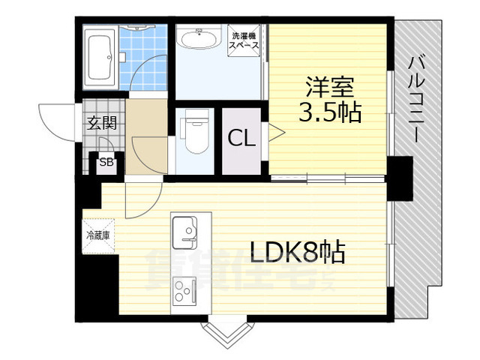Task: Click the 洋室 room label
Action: click(329, 87)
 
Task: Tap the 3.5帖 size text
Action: click(329, 113)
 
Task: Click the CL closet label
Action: click(241, 139)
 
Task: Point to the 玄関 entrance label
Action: click(100, 124)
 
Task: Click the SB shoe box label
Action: click(106, 162)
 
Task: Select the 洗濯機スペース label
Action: click(245, 40)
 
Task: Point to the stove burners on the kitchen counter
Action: click(184, 289)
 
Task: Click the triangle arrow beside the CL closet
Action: click(275, 134)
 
